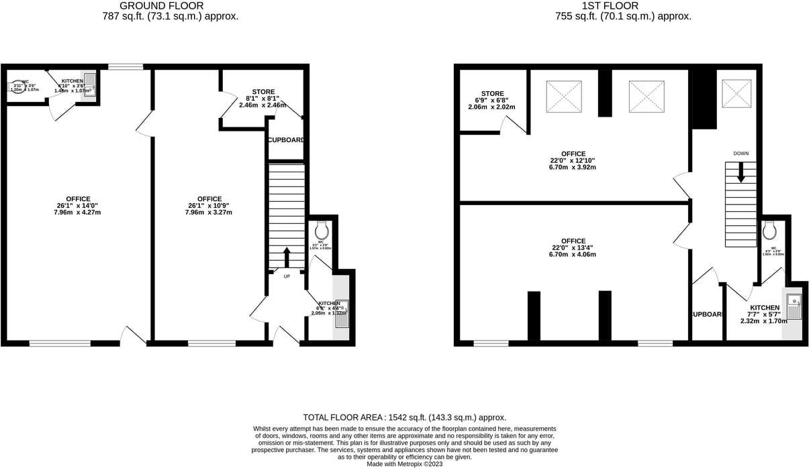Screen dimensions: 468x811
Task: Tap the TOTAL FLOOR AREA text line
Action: [404, 417]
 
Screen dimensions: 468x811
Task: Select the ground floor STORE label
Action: [263, 92]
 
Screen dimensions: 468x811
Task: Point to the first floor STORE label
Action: [492, 94]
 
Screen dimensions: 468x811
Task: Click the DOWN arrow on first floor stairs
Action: [741, 173]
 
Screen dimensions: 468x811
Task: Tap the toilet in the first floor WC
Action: [769, 231]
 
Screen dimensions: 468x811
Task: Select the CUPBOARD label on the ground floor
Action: [287, 140]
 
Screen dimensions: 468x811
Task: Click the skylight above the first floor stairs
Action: [736, 93]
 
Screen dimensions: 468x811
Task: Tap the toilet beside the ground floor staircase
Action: [321, 231]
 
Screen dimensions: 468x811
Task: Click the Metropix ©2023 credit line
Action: [405, 463]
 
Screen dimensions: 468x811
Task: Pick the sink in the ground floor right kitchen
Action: [342, 314]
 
